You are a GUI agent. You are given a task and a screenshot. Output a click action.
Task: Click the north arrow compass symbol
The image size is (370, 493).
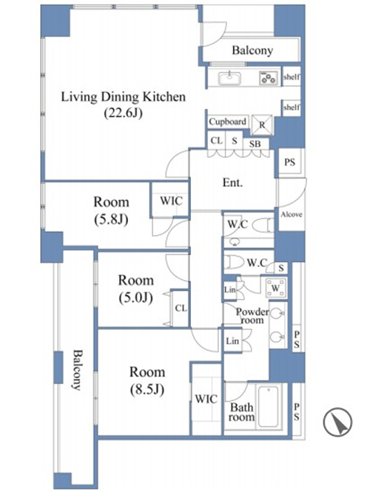(338, 422)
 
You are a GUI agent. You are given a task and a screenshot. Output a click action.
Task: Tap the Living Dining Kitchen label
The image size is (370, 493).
(123, 97)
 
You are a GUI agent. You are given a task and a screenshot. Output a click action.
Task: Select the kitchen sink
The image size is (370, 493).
(229, 79)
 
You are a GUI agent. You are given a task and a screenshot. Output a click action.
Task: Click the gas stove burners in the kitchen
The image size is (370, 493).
(269, 78)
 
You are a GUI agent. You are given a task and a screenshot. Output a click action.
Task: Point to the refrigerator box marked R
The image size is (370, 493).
(262, 125)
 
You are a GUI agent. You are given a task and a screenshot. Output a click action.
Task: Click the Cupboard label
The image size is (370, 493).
(227, 122)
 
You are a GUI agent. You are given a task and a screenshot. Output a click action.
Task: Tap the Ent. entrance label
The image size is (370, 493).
(232, 182)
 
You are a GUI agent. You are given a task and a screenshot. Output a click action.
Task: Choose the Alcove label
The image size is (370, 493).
(292, 214)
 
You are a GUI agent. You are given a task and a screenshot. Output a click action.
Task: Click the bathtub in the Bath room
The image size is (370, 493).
(269, 406)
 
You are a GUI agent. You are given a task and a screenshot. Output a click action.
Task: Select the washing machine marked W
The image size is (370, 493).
(276, 288)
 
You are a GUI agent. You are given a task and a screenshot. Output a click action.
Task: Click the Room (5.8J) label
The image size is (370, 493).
(111, 211)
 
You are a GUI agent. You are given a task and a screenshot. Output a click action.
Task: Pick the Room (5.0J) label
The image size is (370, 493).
(136, 288)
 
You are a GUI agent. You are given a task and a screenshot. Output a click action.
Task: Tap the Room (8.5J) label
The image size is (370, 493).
(147, 381)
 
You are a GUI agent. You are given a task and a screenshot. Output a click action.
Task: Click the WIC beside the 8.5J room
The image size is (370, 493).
(206, 399)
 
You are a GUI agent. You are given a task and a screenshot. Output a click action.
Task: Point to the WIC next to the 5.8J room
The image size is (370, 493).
(171, 201)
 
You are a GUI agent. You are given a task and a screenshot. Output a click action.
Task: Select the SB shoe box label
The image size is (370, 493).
(255, 144)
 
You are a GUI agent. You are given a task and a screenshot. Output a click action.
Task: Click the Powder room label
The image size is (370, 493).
(252, 316)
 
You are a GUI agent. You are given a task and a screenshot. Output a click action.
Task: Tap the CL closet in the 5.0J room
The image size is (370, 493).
(181, 308)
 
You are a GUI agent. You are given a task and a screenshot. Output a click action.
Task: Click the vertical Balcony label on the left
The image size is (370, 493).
(76, 370)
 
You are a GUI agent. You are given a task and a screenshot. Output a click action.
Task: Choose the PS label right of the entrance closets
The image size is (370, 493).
(289, 162)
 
